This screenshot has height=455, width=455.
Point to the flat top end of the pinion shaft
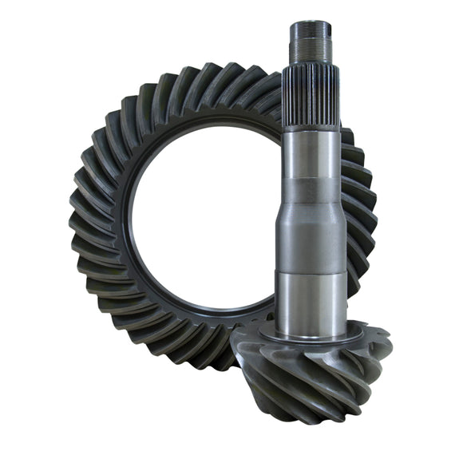click(311, 24)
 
